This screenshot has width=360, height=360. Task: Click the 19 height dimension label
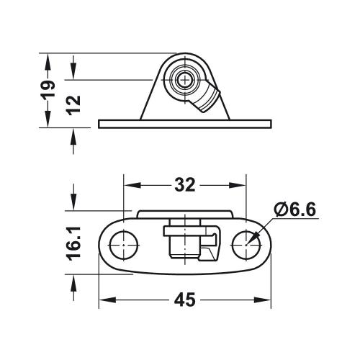(48, 89)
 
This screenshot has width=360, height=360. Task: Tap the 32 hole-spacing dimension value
(184, 185)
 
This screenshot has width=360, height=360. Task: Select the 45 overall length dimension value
(184, 300)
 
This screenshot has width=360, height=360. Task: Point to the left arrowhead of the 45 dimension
(103, 300)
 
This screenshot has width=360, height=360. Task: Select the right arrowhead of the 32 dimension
(241, 185)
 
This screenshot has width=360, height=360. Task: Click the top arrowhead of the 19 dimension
(48, 58)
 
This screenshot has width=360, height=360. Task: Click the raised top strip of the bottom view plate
(184, 213)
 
